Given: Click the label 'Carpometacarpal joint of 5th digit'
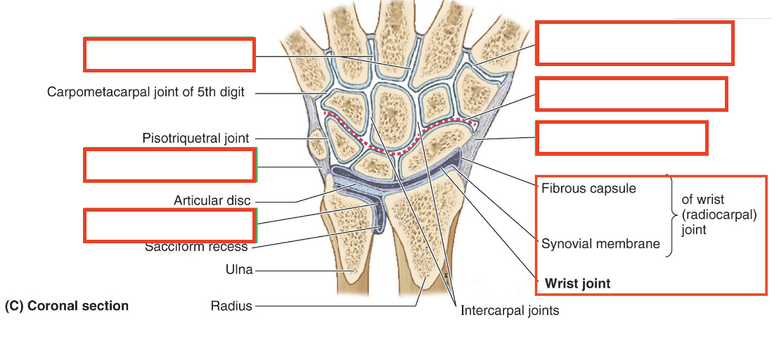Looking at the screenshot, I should [x=146, y=93].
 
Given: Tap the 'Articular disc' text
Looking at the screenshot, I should [x=212, y=201].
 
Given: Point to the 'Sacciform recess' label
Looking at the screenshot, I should [x=196, y=247].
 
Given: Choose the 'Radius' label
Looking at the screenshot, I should [x=231, y=306].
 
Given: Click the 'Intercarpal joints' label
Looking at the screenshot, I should [x=510, y=310].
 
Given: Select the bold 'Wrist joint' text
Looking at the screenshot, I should [x=577, y=284].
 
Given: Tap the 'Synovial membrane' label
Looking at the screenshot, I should [x=600, y=244].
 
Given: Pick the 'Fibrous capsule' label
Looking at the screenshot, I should [x=588, y=188].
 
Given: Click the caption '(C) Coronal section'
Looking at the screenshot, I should [x=67, y=306].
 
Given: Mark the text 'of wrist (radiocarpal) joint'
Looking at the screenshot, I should [x=719, y=214].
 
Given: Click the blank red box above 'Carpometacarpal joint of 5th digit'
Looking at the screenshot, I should [x=169, y=55].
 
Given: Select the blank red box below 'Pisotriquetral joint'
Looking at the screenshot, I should [x=169, y=165].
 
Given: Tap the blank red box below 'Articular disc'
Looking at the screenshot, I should [x=169, y=226].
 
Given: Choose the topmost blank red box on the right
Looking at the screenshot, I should [x=634, y=43].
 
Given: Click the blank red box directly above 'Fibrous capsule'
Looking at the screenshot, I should [x=622, y=138].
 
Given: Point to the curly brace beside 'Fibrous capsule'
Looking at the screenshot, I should [x=670, y=215].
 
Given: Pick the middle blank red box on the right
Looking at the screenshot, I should [x=631, y=94].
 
